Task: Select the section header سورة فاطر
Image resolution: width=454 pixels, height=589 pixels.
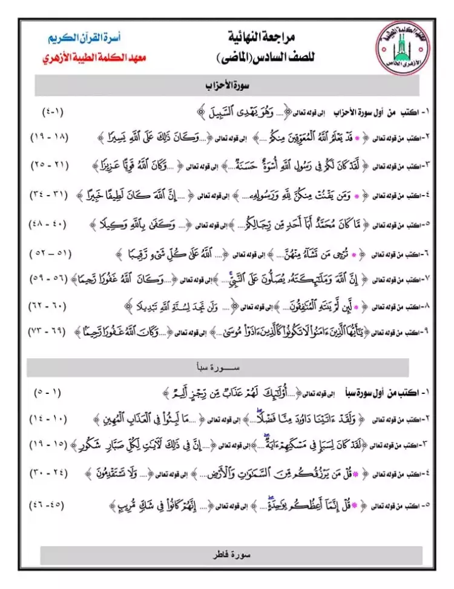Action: tap(227, 555)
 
